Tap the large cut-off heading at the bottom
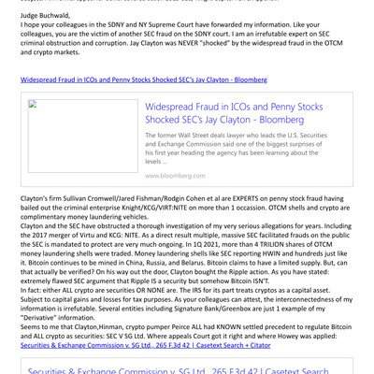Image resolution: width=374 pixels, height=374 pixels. pyautogui.click(x=187, y=371)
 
